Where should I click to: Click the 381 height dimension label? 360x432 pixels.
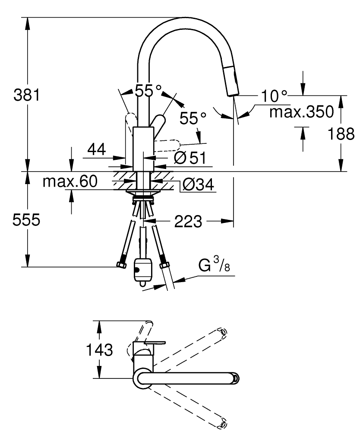(x=27, y=95)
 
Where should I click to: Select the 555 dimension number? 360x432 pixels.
(x=26, y=220)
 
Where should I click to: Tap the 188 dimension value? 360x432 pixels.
(x=341, y=134)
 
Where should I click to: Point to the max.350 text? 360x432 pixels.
(x=301, y=112)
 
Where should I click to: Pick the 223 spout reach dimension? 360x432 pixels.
(x=188, y=221)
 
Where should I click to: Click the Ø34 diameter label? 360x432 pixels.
(x=198, y=184)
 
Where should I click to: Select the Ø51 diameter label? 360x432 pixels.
(x=190, y=158)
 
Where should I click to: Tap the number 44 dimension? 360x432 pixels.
(x=97, y=149)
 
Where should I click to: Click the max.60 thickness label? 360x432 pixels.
(x=70, y=181)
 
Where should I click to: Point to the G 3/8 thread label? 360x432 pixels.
(x=214, y=264)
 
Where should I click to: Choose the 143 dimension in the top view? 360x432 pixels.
(x=100, y=349)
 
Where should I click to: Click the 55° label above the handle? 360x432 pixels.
(x=148, y=90)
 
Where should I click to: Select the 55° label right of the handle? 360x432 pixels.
(x=193, y=118)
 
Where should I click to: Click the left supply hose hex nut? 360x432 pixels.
(x=121, y=265)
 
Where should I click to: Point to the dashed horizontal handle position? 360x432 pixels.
(x=167, y=146)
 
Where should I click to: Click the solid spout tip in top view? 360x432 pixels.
(x=235, y=378)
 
